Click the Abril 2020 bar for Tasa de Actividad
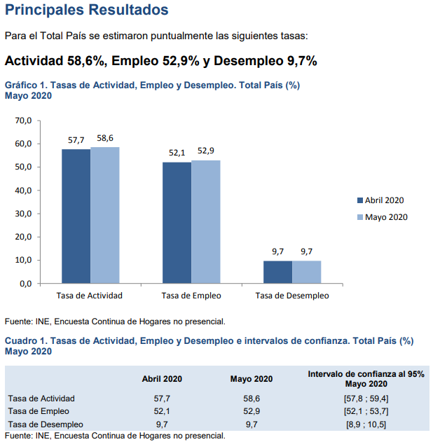click(76, 216)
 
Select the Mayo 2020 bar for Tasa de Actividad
click(104, 214)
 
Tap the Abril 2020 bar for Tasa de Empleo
click(177, 222)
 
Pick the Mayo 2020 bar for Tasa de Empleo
click(205, 221)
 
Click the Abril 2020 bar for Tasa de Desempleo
click(277, 272)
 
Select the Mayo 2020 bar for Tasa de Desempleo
click(306, 272)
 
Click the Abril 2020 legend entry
click(380, 200)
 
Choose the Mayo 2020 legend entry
click(382, 217)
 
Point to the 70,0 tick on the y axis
click(23, 120)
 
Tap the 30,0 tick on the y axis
click(23, 214)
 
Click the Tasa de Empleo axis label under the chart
click(191, 296)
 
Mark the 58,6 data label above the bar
click(105, 139)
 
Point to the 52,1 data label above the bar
click(177, 153)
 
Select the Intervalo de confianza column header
click(366, 379)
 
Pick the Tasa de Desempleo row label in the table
click(46, 424)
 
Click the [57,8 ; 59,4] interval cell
click(366, 399)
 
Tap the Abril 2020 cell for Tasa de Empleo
click(162, 412)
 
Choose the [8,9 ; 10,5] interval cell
click(366, 424)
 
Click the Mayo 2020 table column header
click(252, 379)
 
